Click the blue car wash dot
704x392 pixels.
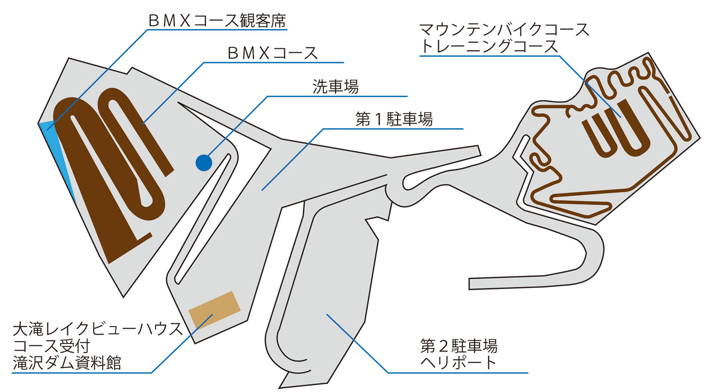(x=204, y=163)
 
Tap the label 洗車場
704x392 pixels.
(x=335, y=86)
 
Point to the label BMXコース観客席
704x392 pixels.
(x=216, y=20)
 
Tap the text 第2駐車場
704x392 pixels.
(x=459, y=346)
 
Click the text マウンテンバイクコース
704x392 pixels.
(x=504, y=30)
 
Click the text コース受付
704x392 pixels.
(x=52, y=346)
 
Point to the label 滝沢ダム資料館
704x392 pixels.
(x=67, y=363)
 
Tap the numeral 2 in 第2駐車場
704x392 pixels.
(x=443, y=346)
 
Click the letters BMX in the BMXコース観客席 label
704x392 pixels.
(x=168, y=20)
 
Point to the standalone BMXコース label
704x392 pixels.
(x=273, y=53)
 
